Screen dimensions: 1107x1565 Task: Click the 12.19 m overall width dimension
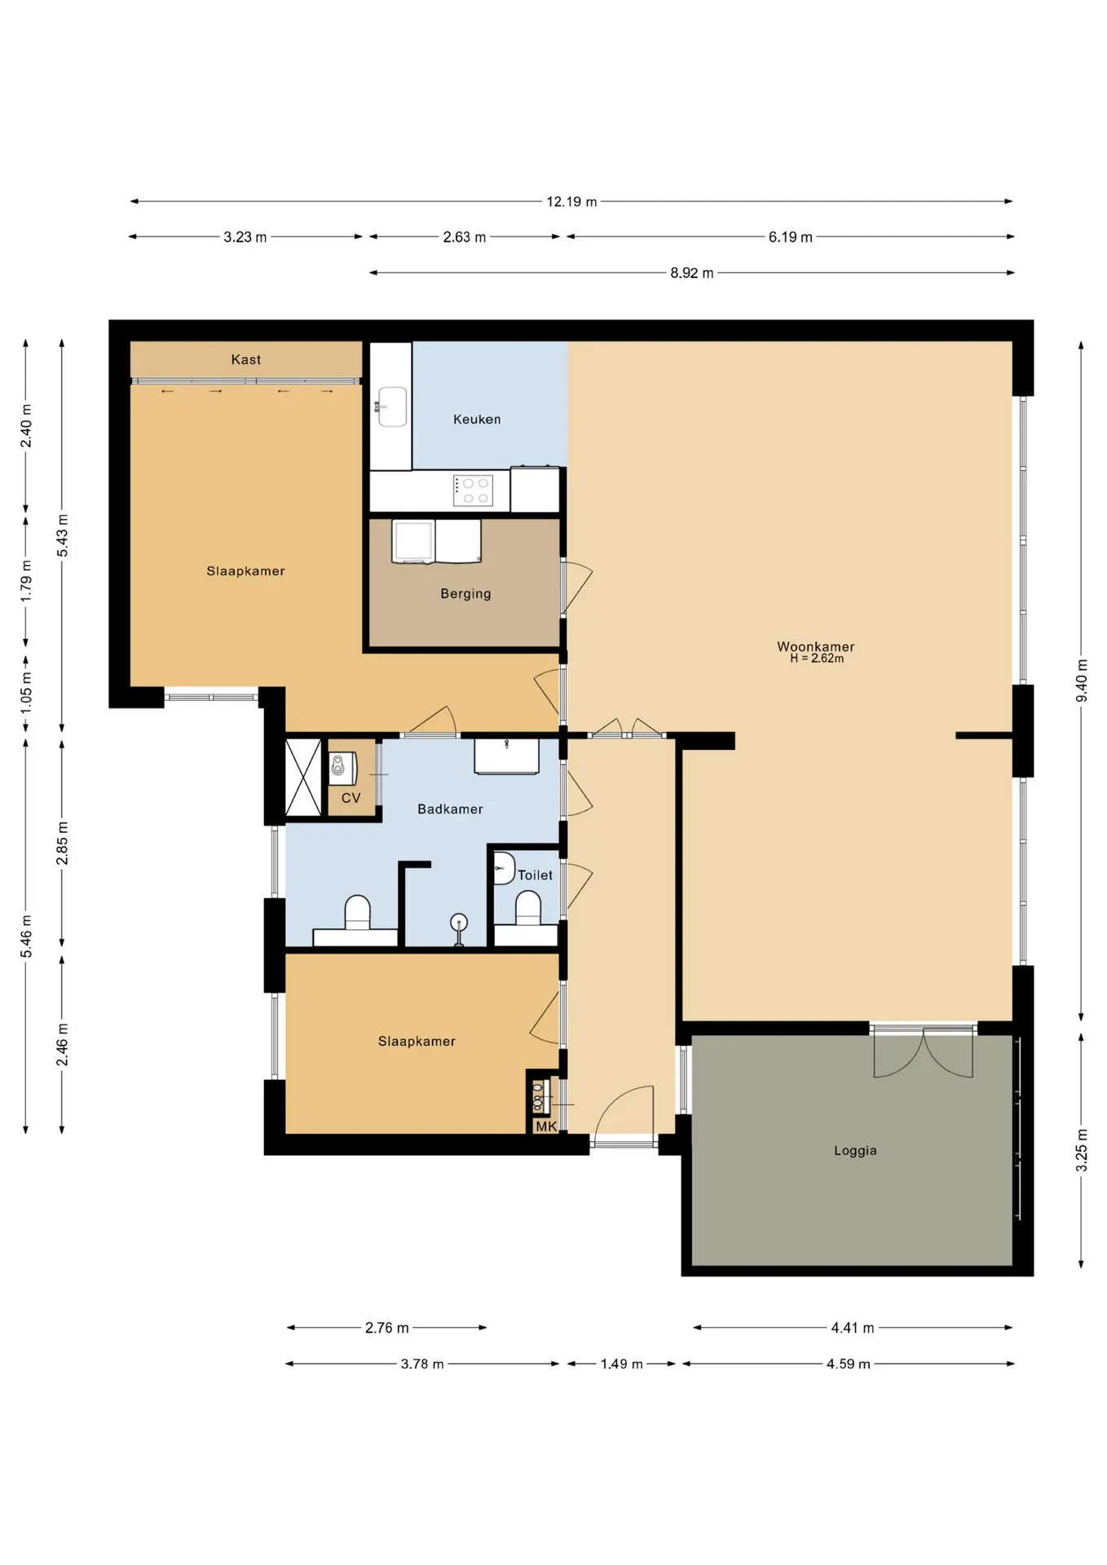coord(571,201)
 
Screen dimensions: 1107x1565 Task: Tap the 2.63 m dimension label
coord(465,237)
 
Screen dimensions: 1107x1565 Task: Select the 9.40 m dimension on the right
coord(1082,681)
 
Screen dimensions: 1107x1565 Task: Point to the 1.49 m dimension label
coord(622,1364)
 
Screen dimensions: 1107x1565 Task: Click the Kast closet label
coord(246,359)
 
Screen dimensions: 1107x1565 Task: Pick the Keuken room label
coord(477,419)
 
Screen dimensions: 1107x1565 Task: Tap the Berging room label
coord(465,593)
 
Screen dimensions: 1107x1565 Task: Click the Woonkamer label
coord(816,646)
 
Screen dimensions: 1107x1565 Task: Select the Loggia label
coord(855,1150)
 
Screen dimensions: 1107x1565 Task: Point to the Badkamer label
coord(450,809)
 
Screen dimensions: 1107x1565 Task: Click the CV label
coord(351,798)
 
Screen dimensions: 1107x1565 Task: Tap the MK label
coord(546,1126)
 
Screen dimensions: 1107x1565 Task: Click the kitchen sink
coord(393,407)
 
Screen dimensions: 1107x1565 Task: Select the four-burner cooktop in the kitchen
coord(473,491)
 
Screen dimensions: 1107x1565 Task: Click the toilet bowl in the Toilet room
coord(528,908)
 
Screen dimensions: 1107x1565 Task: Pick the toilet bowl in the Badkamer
coord(358,912)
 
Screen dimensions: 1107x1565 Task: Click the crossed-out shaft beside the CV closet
coord(303,777)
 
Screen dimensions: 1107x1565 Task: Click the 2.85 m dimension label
coord(62,844)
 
